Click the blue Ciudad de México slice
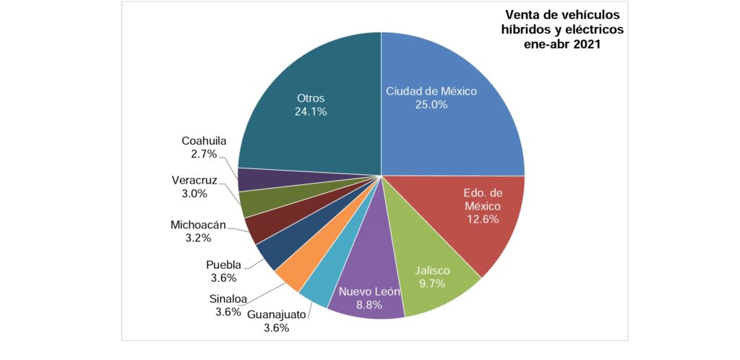click(x=462, y=130)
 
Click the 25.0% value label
click(x=431, y=104)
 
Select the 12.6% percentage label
click(x=481, y=219)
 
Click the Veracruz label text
click(x=194, y=180)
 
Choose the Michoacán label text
click(x=197, y=224)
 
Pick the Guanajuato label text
click(x=277, y=314)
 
